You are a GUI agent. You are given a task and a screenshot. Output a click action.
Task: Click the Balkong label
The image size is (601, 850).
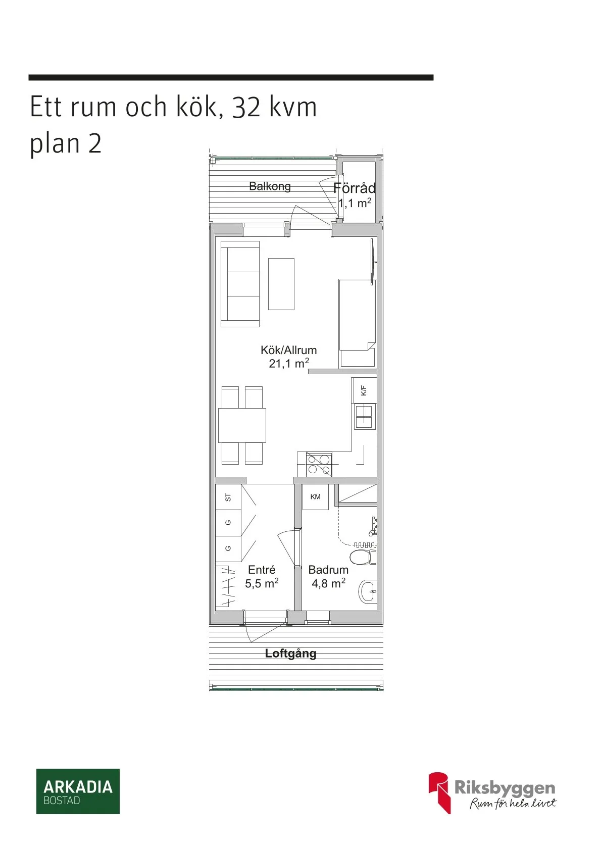tap(270, 186)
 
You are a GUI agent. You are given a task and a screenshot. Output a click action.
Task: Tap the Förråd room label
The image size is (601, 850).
tap(355, 188)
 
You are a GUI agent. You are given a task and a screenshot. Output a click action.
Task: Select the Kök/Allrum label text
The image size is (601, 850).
tap(288, 350)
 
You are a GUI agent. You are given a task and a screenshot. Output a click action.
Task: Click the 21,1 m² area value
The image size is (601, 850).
tap(288, 363)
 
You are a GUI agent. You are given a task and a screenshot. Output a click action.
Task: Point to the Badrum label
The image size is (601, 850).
tap(328, 570)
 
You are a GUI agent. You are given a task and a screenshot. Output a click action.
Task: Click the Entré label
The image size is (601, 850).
tap(262, 570)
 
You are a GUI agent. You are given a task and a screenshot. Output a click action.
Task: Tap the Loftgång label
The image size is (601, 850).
tap(290, 654)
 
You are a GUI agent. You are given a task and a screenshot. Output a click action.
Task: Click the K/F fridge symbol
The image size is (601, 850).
tap(364, 390)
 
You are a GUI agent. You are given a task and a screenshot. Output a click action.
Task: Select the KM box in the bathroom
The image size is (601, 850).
tap(316, 497)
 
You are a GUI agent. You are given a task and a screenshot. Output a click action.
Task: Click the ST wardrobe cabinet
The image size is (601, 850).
tap(228, 497)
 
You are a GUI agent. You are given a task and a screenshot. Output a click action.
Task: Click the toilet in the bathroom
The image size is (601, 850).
tap(362, 558)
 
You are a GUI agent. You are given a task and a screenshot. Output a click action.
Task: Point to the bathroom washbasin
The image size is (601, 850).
tap(368, 591)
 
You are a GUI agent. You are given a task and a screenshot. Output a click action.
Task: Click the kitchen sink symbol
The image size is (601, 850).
tap(365, 417)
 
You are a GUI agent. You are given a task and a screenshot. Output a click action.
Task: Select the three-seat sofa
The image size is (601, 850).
tap(240, 284)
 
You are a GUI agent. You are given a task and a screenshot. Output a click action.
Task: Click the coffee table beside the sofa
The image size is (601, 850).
tap(281, 284)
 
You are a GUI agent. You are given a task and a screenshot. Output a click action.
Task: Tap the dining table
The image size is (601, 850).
tap(242, 425)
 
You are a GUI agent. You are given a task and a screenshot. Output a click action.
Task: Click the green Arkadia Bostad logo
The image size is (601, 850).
tap(78, 791)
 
